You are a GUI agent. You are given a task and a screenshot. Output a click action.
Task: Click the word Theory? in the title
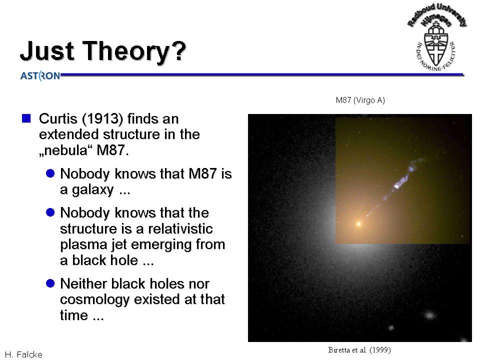[134, 51]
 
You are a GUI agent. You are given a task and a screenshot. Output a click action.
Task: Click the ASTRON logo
[40, 75]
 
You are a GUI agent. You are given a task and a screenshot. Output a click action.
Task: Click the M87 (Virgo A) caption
[360, 100]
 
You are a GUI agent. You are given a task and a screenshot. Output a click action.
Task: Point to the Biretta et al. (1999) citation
[359, 350]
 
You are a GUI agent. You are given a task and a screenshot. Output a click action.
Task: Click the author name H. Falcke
[23, 354]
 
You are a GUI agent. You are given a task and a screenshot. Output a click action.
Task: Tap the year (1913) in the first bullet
[102, 119]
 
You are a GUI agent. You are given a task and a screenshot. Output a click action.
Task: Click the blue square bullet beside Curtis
[26, 118]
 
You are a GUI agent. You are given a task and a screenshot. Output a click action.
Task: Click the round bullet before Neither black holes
[50, 283]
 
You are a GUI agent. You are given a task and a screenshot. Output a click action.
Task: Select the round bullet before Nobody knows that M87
[50, 173]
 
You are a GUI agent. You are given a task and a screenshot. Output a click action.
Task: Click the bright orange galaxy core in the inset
[358, 224]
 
